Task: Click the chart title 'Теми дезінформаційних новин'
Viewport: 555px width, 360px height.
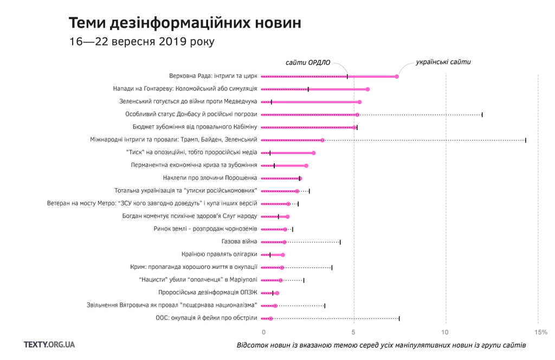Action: [x=185, y=23]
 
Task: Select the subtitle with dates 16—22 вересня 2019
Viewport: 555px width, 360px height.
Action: [x=141, y=42]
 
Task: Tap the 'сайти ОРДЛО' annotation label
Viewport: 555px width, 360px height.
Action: [x=308, y=62]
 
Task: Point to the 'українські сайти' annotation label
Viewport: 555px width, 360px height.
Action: [x=443, y=62]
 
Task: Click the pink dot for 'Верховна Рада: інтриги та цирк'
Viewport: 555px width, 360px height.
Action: [x=397, y=76]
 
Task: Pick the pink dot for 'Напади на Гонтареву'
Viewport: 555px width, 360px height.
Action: [x=367, y=89]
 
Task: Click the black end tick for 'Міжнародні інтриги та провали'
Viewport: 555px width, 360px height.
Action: [x=525, y=140]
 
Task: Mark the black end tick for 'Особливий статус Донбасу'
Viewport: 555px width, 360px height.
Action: [x=482, y=114]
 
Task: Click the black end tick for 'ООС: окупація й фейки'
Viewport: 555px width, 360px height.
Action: [x=399, y=318]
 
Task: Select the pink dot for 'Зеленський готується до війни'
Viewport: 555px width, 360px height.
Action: [x=359, y=102]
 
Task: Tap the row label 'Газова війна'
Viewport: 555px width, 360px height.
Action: [x=240, y=242]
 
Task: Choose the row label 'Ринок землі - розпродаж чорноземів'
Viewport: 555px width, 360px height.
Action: [x=205, y=229]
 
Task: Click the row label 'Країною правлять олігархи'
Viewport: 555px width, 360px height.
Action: [x=219, y=254]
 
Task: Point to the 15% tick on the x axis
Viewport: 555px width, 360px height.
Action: [x=540, y=332]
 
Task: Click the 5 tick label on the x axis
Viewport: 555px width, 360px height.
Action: [x=354, y=332]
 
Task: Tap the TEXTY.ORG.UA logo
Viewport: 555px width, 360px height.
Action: [x=49, y=344]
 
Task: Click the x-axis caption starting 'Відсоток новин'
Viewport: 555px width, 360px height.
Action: [x=381, y=345]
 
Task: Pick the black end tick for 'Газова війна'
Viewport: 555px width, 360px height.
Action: [x=340, y=242]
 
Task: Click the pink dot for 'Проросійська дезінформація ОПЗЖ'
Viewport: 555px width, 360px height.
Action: [x=277, y=293]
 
